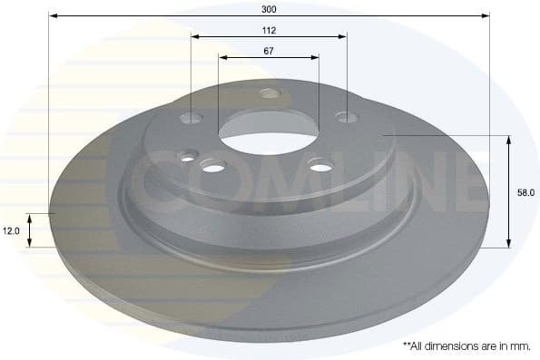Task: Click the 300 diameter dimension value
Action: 269,8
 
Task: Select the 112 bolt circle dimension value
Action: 269,30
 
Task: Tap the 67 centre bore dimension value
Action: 269,51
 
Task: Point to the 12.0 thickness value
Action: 11,231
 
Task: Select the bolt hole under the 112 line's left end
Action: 192,118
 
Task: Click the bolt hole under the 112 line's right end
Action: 345,116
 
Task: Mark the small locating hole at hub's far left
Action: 187,158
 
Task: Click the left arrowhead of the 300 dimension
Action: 53,15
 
